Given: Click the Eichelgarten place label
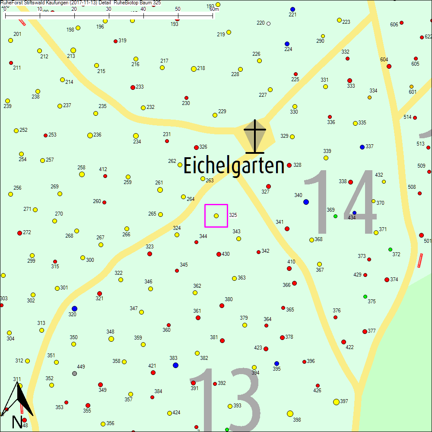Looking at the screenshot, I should [234, 166].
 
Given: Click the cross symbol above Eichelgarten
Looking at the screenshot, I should [255, 136].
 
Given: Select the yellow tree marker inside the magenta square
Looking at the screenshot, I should [216, 216].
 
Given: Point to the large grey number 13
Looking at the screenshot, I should [225, 400].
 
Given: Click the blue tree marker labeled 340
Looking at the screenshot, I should [306, 202].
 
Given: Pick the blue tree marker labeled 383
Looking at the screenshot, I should [175, 365].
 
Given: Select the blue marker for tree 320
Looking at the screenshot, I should [74, 308].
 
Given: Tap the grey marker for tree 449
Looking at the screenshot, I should [74, 373].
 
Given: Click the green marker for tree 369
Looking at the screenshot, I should [335, 216].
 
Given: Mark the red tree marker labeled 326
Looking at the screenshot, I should [196, 147].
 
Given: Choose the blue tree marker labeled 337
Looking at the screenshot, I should [362, 147].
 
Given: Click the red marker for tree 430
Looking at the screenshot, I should [219, 254].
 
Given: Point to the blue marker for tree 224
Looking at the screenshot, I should [287, 44].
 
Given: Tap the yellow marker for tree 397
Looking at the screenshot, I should [336, 402].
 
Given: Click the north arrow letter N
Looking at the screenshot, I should [17, 422].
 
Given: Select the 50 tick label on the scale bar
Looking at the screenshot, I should [178, 9].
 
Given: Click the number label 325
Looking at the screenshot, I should [233, 215].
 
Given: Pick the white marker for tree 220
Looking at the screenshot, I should [268, 23].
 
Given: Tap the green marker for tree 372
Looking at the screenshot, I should [390, 249].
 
